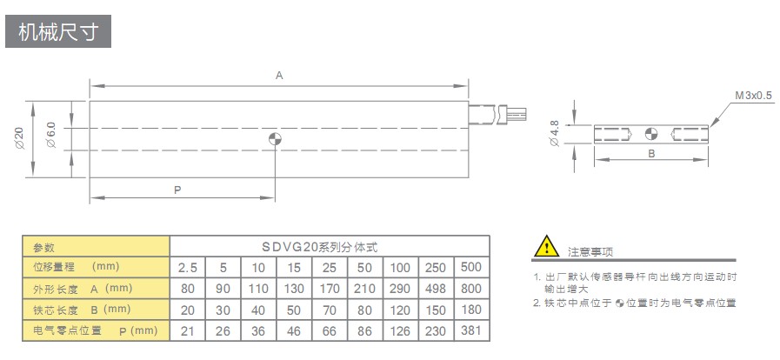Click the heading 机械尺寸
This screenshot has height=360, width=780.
(58, 32)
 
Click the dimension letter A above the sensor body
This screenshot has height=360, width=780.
(279, 76)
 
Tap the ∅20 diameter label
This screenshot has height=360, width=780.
(18, 138)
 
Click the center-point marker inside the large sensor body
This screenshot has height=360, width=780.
(275, 139)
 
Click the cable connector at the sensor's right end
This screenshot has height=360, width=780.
(498, 114)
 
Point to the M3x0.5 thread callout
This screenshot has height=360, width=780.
(753, 95)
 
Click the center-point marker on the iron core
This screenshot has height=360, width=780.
(651, 133)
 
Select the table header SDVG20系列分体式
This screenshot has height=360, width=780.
(331, 247)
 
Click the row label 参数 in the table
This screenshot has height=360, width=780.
(43, 247)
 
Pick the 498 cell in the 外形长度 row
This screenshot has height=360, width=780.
(436, 288)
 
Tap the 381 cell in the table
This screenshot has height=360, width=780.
(470, 330)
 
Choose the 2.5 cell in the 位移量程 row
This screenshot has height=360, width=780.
(189, 267)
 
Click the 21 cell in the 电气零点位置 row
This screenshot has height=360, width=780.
(189, 330)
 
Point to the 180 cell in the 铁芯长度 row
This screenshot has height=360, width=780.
(470, 310)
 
